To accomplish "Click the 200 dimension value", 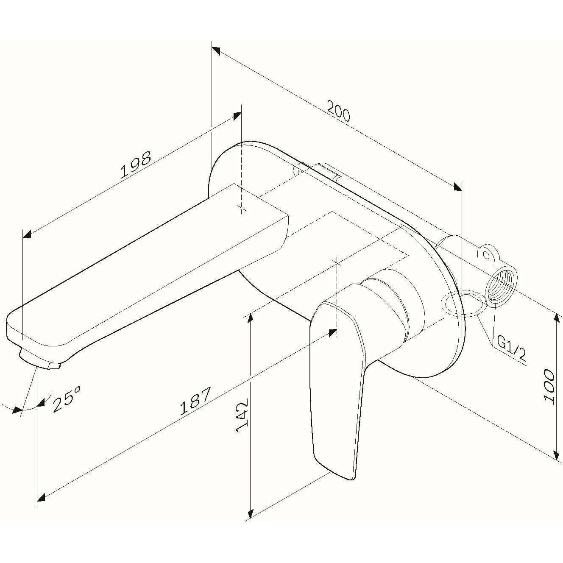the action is coord(338,111).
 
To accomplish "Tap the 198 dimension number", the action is coord(136,165).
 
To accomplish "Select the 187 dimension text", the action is coord(195,401).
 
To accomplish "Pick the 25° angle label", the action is coord(67,399).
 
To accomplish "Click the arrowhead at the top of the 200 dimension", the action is coord(216,50).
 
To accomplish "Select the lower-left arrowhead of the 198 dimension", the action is coord(27,234).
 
